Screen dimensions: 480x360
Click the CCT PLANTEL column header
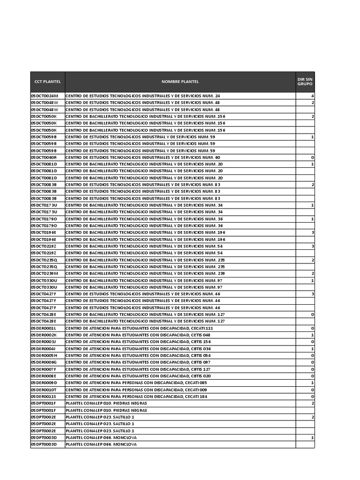click(47, 82)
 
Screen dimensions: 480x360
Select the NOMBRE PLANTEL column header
click(180, 82)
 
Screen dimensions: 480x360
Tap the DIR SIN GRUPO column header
click(305, 82)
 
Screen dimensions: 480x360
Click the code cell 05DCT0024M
click(45, 96)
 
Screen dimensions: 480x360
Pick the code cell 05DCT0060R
click(44, 157)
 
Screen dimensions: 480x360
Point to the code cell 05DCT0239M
click(45, 273)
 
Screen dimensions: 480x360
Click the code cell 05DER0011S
click(44, 397)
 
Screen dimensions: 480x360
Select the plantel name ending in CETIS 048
click(138, 335)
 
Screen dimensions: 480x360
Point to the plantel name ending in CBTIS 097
click(138, 362)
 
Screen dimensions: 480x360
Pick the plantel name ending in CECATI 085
click(136, 383)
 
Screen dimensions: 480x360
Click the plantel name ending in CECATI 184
click(136, 397)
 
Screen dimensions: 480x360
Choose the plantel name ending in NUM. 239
click(145, 273)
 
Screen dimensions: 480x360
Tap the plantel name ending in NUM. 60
click(142, 157)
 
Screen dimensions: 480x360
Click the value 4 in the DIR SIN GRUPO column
click(312, 96)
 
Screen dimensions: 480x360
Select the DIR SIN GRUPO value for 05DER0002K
click(312, 335)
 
